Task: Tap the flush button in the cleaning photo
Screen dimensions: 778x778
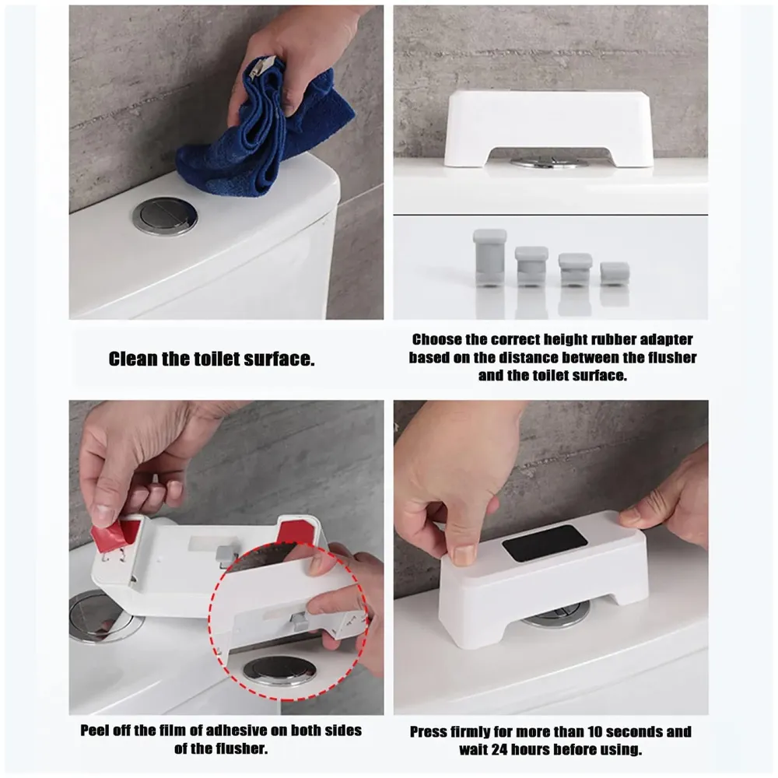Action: click(x=164, y=216)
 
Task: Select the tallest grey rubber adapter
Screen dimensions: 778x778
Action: click(x=489, y=257)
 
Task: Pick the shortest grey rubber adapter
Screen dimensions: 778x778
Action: click(x=615, y=273)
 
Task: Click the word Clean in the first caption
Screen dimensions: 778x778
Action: click(x=129, y=359)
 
